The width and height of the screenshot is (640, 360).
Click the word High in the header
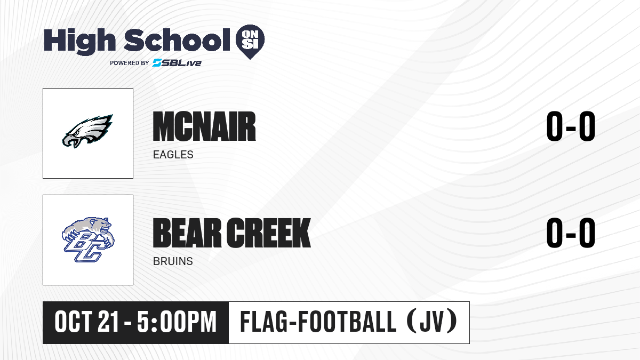tap(79, 42)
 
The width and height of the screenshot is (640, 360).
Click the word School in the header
tap(177, 41)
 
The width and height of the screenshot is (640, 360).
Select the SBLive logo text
tap(177, 63)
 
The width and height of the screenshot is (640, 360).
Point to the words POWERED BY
tap(130, 63)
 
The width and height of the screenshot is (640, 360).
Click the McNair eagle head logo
tap(87, 131)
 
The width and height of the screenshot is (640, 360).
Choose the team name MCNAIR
tap(204, 126)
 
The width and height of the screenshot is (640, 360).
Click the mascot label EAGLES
tap(173, 155)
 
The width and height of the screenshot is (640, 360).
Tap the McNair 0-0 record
tap(571, 126)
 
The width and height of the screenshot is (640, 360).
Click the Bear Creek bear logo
tap(88, 239)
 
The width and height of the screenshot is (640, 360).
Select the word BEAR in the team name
tap(187, 233)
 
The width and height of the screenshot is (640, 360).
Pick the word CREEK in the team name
tap(269, 233)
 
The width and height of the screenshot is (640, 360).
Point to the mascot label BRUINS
tap(173, 261)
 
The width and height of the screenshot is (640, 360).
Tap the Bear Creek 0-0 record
tap(571, 233)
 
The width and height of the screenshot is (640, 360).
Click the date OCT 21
tap(86, 322)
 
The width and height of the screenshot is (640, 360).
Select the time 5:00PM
tap(177, 322)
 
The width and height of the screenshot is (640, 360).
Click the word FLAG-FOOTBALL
tap(318, 322)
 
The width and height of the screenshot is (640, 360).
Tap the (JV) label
tap(431, 322)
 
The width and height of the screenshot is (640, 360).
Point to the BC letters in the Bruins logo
tap(83, 247)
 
